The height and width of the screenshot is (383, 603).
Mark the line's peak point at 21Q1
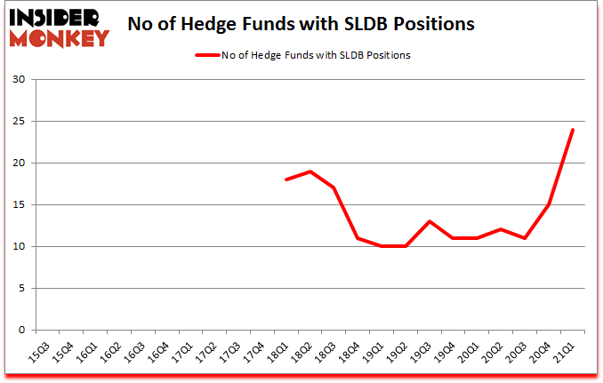pyautogui.click(x=573, y=130)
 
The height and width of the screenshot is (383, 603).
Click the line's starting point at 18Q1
pyautogui.click(x=285, y=180)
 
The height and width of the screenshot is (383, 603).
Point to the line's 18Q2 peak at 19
pyautogui.click(x=310, y=172)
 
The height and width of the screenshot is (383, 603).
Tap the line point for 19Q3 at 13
pyautogui.click(x=430, y=221)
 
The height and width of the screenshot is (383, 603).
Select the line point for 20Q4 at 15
pyautogui.click(x=549, y=204)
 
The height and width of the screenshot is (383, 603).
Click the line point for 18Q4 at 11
pyautogui.click(x=358, y=238)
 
